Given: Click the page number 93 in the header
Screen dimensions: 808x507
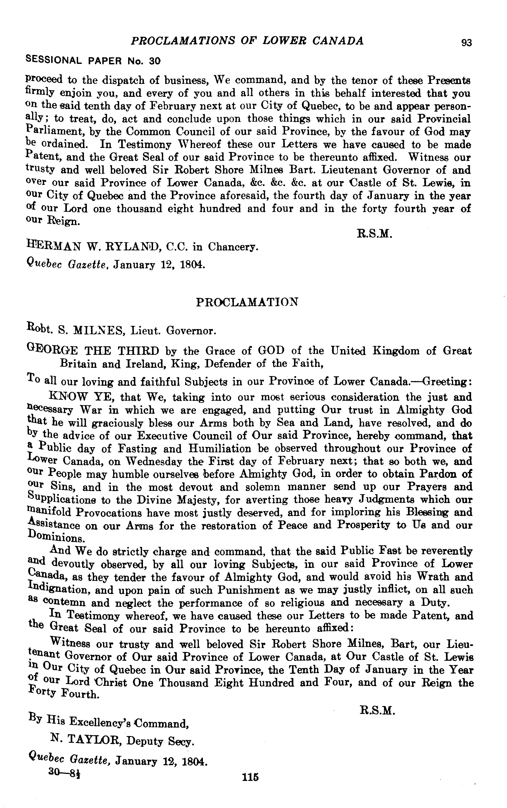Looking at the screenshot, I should click(x=466, y=43).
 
